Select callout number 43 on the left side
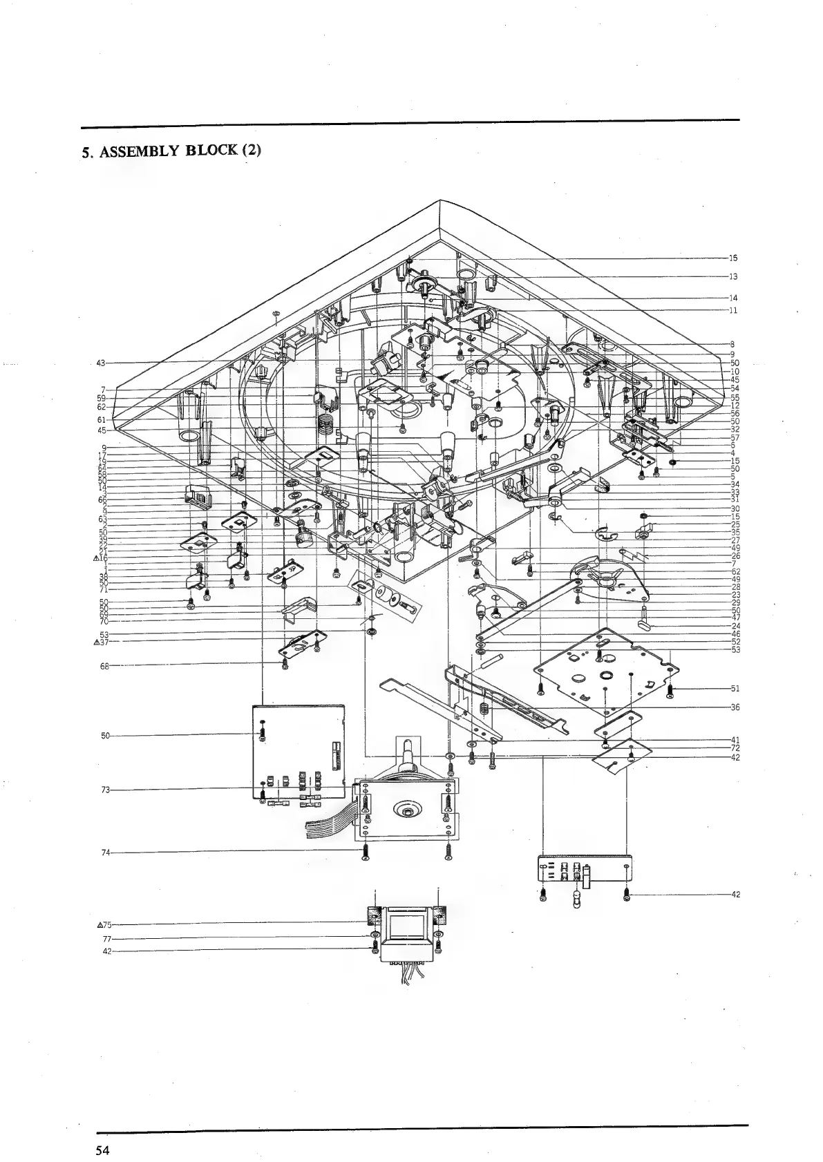pos(101,363)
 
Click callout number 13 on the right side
pos(733,276)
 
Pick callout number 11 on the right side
pos(733,310)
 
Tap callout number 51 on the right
pos(735,688)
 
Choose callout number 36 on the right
pos(735,707)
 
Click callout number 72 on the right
pos(735,747)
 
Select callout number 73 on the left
pos(106,789)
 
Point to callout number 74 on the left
pos(106,853)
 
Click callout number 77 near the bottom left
pos(106,939)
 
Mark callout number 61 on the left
pos(101,419)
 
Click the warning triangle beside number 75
pos(100,924)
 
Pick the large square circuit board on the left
pos(299,750)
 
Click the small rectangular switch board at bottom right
pos(585,869)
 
